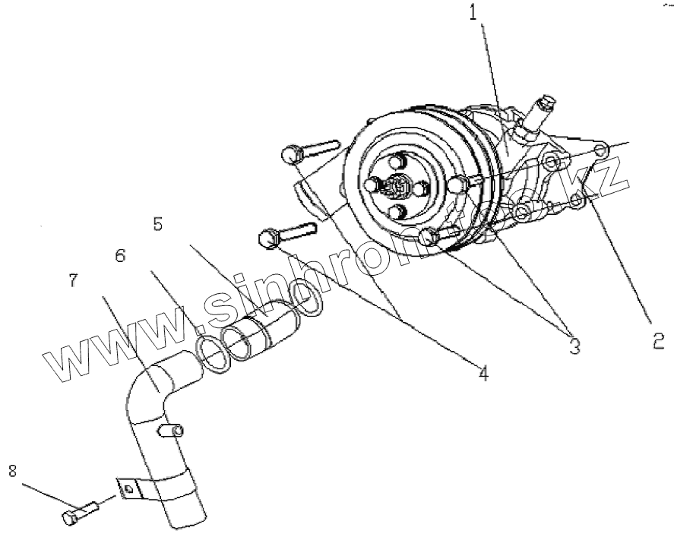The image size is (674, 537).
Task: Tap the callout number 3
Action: (x=574, y=346)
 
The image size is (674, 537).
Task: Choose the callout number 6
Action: (x=120, y=256)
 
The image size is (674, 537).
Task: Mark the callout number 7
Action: (x=72, y=280)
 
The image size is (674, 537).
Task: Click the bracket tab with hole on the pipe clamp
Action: (x=130, y=491)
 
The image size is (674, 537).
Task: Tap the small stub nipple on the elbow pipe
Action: (x=172, y=433)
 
